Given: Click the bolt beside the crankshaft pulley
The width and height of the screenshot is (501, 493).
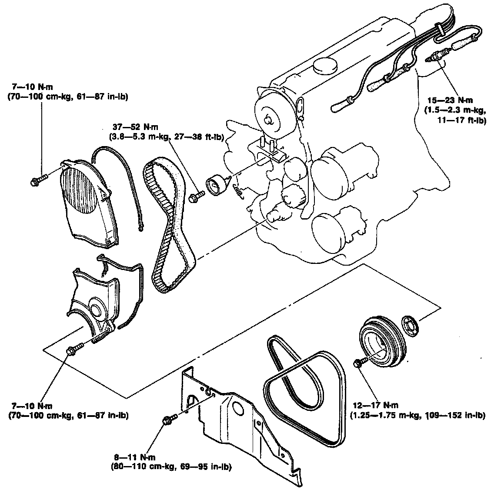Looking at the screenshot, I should click(x=360, y=363).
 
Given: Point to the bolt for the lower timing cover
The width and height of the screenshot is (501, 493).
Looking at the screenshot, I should click(x=73, y=350).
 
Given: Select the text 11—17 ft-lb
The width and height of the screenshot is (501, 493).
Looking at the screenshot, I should click(x=462, y=120).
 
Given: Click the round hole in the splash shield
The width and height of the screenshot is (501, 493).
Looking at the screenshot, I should click(x=237, y=408).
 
